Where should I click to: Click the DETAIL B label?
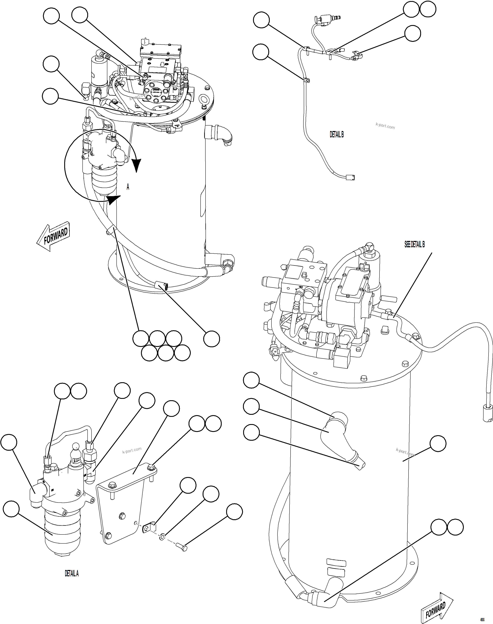[x=337, y=134]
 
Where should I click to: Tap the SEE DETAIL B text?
[x=415, y=244]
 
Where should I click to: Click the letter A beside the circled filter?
[x=128, y=187]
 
